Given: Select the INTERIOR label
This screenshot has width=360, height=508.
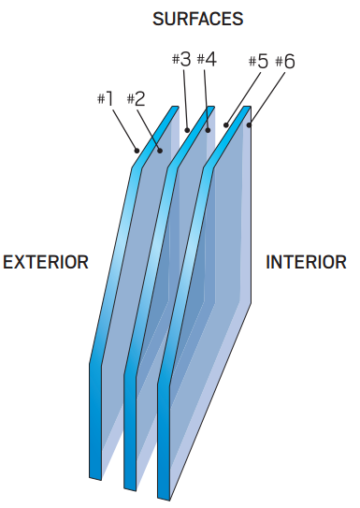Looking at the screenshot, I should (306, 262).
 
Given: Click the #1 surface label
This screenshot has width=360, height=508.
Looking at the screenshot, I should (105, 97).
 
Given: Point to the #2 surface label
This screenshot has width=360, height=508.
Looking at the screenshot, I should (136, 97).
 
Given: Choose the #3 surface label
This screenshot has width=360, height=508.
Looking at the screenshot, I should (181, 59).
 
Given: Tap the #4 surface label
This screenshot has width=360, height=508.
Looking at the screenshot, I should (208, 59).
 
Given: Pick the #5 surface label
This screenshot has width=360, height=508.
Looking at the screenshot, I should (257, 62).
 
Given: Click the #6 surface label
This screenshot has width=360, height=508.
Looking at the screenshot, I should (285, 62).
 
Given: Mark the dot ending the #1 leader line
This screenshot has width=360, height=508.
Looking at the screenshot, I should (137, 149).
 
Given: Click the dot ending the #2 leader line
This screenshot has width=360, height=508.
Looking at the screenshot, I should (161, 149).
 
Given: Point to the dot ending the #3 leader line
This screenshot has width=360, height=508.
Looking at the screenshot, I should (188, 129).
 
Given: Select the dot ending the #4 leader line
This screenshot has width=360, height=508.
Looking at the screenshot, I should (208, 129).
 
